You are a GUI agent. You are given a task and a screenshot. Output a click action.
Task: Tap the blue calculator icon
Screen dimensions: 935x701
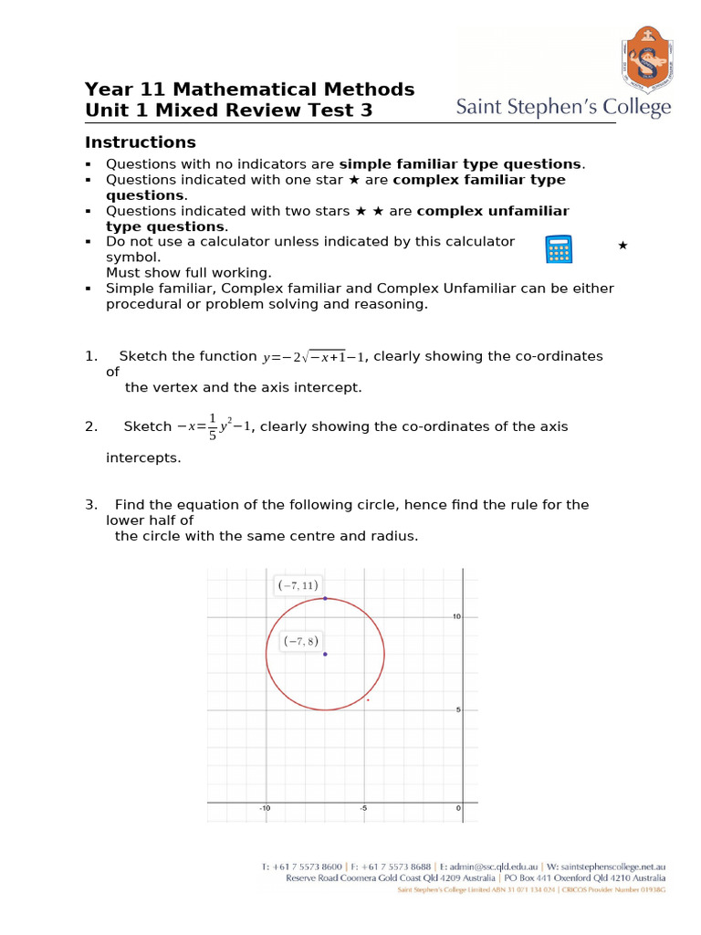pyautogui.click(x=558, y=249)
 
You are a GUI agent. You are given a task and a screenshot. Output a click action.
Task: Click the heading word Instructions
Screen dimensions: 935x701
pyautogui.click(x=140, y=142)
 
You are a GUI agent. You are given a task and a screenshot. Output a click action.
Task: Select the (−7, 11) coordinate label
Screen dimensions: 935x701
pyautogui.click(x=298, y=585)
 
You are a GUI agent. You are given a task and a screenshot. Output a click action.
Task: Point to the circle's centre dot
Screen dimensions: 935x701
pyautogui.click(x=325, y=654)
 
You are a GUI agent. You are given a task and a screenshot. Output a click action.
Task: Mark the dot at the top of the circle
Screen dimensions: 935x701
pyautogui.click(x=325, y=598)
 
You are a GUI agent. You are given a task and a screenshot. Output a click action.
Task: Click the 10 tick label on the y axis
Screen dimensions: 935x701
pyautogui.click(x=456, y=616)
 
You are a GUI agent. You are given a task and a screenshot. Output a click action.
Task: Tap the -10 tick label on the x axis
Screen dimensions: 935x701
pyautogui.click(x=265, y=809)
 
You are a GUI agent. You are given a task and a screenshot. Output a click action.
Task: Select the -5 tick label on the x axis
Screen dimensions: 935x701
pyautogui.click(x=362, y=809)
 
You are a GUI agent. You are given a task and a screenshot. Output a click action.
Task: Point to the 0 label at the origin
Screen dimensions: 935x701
pyautogui.click(x=459, y=809)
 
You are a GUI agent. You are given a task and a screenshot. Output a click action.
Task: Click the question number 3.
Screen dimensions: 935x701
pyautogui.click(x=90, y=504)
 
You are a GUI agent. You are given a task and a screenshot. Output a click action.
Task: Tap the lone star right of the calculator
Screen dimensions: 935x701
pyautogui.click(x=623, y=246)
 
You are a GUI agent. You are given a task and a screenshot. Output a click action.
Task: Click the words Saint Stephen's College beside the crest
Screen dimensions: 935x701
pyautogui.click(x=563, y=108)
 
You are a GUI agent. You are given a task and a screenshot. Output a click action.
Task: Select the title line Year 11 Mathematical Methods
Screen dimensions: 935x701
pyautogui.click(x=249, y=89)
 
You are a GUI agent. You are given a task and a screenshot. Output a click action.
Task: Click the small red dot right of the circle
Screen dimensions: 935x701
pyautogui.click(x=368, y=700)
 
